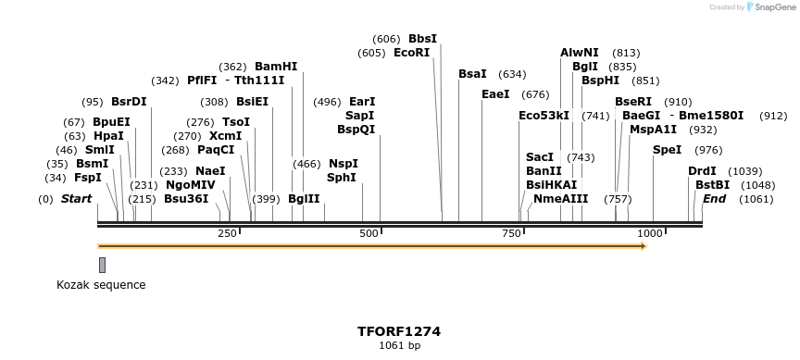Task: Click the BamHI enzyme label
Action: coord(276,67)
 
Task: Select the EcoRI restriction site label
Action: coord(412,53)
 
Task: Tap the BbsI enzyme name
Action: coord(422,39)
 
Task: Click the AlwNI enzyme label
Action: coord(580,53)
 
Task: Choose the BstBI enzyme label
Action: coord(713,185)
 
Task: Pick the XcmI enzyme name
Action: coord(226,136)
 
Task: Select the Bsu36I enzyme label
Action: coord(186,199)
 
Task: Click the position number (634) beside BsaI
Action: coord(512,74)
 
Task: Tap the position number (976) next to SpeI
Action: coord(708,150)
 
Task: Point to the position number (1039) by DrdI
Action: coord(745,171)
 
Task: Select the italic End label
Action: coord(715,199)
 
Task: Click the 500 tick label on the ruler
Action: coord(369,234)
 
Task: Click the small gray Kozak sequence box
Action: coord(102,265)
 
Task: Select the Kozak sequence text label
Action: coord(101,285)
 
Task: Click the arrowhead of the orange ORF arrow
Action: coord(642,246)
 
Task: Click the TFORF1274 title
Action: coord(399,330)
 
